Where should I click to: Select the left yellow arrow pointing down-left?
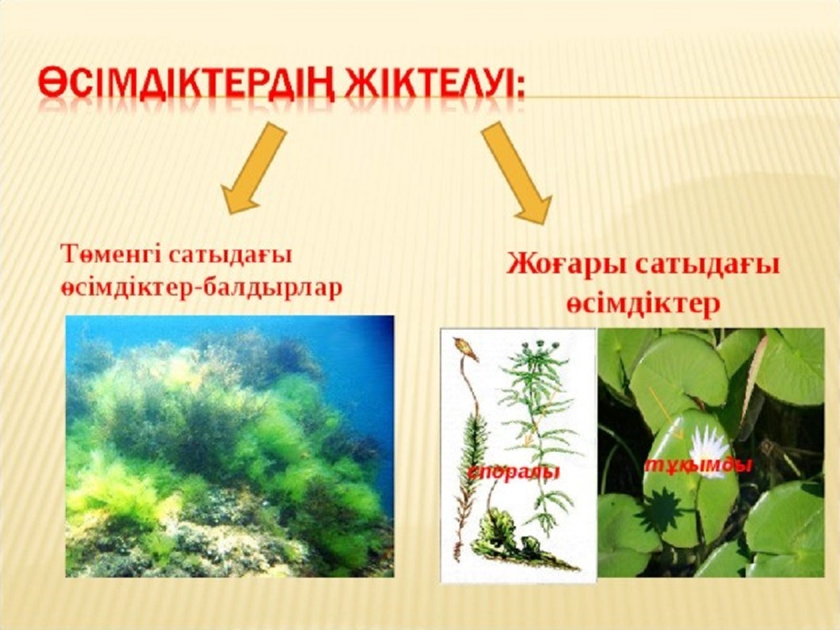pos(253,168)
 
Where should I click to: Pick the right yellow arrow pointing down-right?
pos(517,172)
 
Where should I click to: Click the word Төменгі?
pos(111,254)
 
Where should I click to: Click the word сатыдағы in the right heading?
pos(705,265)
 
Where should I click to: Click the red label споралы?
pos(514,472)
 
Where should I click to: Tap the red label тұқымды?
pos(698,465)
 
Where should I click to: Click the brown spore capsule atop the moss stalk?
pos(465,349)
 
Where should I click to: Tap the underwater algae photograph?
pos(230,446)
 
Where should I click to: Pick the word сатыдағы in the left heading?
pos(230,254)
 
